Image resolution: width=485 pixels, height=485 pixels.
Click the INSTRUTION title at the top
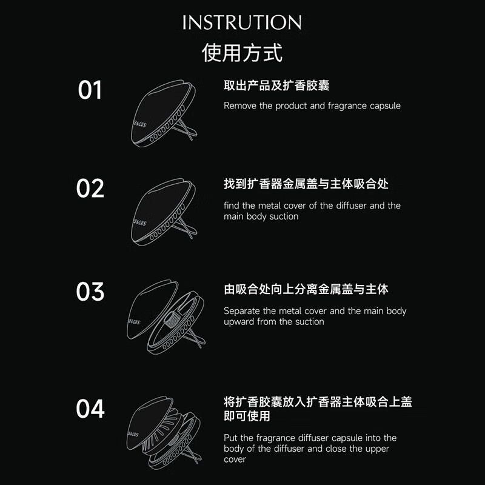242,23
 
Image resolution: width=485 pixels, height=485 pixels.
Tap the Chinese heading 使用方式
242,53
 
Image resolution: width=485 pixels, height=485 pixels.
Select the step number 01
90,90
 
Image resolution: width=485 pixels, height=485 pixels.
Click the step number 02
90,188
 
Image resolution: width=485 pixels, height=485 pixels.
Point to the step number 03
90,292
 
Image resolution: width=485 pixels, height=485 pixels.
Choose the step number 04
90,409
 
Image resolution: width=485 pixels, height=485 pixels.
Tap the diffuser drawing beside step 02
164,212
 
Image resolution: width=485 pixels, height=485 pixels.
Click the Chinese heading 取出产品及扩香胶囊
276,86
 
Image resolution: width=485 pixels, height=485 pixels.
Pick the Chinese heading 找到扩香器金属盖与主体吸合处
298,184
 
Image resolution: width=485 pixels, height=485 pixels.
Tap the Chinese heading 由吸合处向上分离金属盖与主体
306,289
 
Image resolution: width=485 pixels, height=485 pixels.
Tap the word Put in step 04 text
231,438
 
